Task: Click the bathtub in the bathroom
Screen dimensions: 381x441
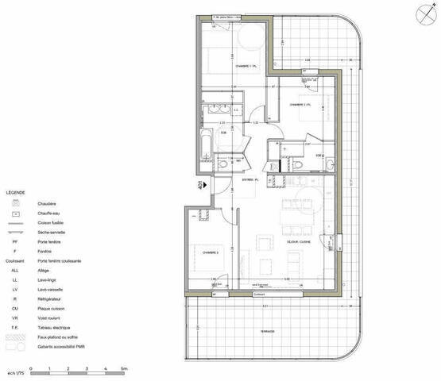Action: point(204,145)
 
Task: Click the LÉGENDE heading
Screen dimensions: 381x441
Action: point(15,193)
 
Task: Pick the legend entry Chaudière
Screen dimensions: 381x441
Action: point(46,203)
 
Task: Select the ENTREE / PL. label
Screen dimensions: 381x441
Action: point(252,180)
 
